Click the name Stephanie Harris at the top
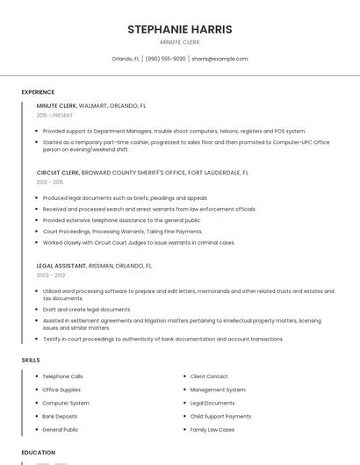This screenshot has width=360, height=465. [x=180, y=29]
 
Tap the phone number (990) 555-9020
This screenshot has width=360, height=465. [x=165, y=59]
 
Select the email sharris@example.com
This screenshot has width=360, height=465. [x=220, y=59]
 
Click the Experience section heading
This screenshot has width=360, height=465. [x=38, y=92]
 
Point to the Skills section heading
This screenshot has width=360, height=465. [x=31, y=361]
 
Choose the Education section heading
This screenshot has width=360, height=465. [x=39, y=453]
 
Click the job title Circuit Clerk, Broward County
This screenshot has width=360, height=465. [x=142, y=173]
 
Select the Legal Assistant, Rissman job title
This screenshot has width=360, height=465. [x=94, y=265]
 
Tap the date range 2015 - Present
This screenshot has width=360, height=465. [x=56, y=115]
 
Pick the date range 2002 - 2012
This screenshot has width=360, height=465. [x=51, y=275]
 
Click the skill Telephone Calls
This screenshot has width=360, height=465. [x=62, y=376]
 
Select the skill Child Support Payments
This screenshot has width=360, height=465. [x=220, y=416]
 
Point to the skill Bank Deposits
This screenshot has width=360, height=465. [x=60, y=416]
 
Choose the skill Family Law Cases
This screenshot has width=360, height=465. [x=212, y=430]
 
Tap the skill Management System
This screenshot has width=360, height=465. [x=218, y=390]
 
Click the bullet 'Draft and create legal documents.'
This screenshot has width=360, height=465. [x=87, y=310]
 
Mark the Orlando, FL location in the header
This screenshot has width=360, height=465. [x=126, y=59]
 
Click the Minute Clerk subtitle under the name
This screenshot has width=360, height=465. [x=180, y=42]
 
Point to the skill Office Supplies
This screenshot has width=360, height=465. [x=61, y=390]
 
